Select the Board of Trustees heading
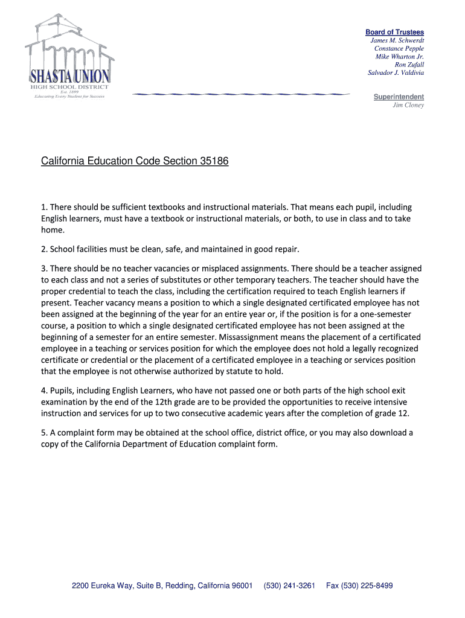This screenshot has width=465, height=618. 394,32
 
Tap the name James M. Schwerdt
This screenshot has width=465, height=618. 397,40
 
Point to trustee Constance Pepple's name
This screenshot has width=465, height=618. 399,48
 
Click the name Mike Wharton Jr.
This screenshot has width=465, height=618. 399,57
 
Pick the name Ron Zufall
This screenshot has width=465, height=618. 409,65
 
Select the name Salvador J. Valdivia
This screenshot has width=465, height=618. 396,73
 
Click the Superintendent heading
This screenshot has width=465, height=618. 399,97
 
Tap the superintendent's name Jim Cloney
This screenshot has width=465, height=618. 408,105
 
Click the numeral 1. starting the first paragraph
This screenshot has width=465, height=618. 45,208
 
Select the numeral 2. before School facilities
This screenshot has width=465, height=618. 45,249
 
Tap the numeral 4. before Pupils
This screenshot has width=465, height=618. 45,391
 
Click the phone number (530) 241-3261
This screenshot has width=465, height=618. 289,586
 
